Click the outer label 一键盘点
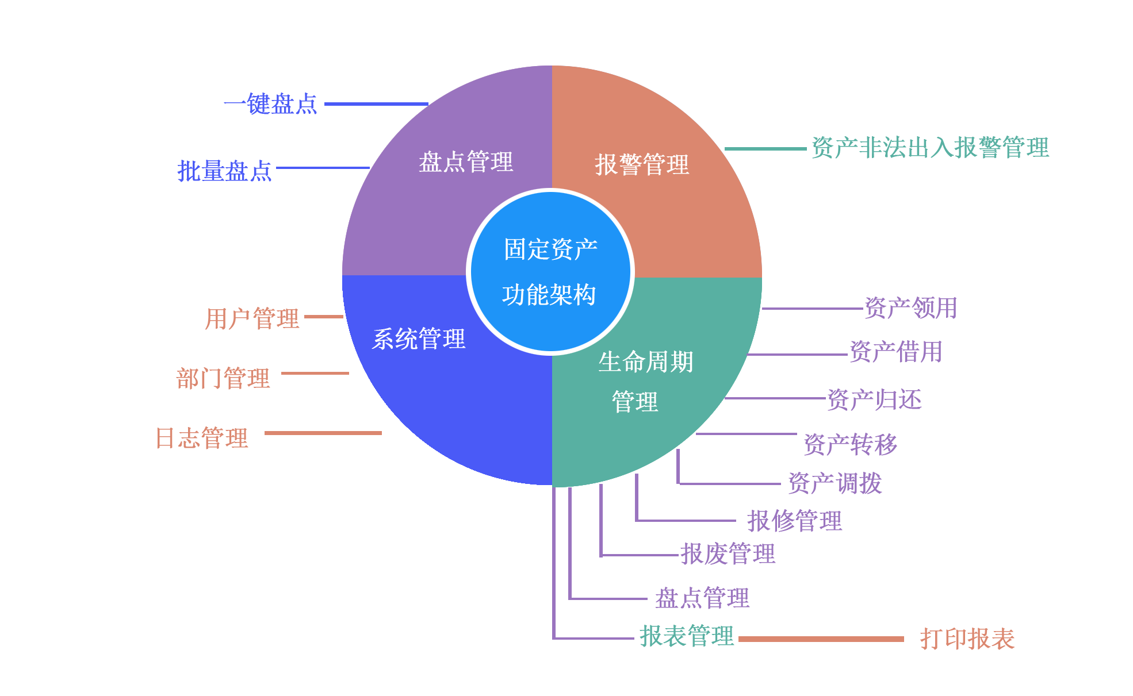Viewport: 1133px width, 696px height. (270, 104)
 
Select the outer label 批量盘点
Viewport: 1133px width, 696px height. (224, 171)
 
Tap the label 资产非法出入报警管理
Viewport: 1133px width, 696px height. (930, 148)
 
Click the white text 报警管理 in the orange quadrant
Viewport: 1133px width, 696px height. (642, 164)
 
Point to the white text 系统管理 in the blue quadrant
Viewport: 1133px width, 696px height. (419, 339)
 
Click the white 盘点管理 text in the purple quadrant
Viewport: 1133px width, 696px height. (466, 162)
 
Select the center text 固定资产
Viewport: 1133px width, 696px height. (550, 249)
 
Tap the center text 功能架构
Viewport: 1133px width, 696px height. (549, 295)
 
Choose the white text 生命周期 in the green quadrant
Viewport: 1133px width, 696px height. (645, 362)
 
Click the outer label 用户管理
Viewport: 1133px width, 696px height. (252, 318)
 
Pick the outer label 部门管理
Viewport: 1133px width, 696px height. (223, 378)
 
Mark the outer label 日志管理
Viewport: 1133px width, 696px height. (202, 438)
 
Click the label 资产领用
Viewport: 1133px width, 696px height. (911, 308)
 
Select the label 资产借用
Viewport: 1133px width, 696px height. (896, 352)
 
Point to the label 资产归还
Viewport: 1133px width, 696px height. (874, 400)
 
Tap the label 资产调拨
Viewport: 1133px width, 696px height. (835, 483)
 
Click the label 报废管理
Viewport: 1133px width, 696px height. (728, 554)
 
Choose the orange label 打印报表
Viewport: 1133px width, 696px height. (967, 639)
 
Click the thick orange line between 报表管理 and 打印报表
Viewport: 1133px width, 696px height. (821, 639)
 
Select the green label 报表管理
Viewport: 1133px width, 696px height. (687, 636)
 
